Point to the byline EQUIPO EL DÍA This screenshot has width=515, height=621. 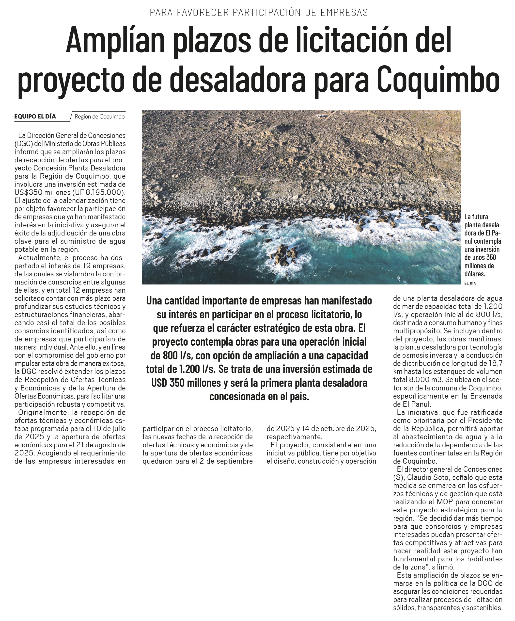(x=35, y=117)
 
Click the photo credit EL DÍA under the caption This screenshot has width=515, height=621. (x=470, y=283)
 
